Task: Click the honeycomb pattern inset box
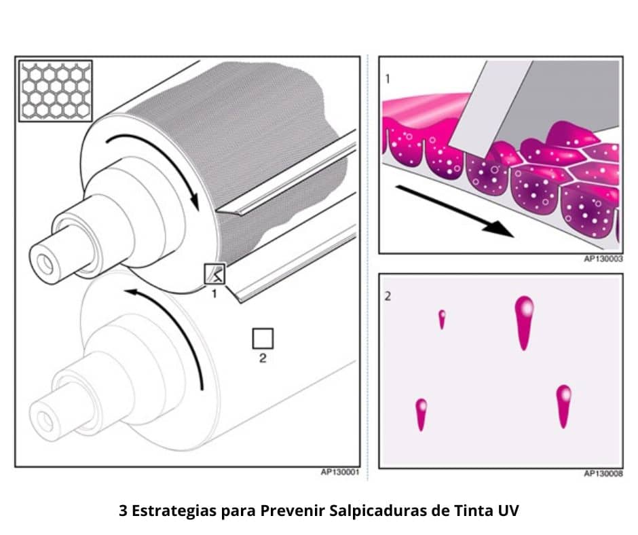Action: tap(56, 91)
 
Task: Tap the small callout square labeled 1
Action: tap(214, 274)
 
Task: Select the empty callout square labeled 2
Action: tap(263, 338)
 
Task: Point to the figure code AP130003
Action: tap(603, 259)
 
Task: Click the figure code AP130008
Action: tap(603, 473)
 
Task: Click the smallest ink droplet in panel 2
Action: tap(442, 319)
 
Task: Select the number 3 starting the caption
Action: tap(123, 511)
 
